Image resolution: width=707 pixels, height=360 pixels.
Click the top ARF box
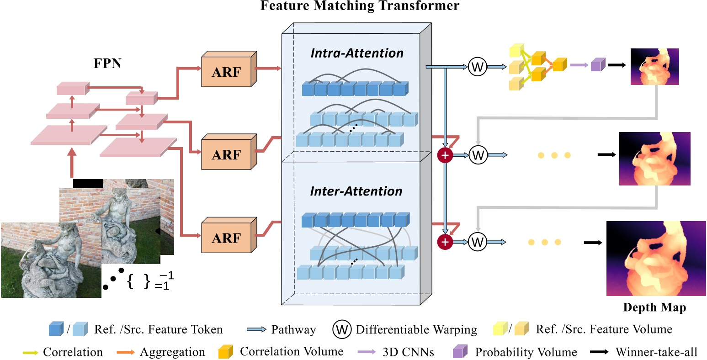pos(227,71)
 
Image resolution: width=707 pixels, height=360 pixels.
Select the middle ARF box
pos(227,154)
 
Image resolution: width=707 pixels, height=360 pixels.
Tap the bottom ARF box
pos(227,238)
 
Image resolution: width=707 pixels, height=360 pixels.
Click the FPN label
pos(107,63)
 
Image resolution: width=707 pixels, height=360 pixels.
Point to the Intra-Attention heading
pos(357,53)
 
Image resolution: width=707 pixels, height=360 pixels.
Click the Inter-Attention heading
pos(356,191)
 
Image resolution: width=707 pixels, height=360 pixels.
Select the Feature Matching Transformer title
pos(360,6)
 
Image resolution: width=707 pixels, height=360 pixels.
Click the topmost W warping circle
pos(477,68)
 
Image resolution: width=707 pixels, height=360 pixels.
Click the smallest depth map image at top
pos(654,67)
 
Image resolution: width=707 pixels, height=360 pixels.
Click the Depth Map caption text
pos(654,307)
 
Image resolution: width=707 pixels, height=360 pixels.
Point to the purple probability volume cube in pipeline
pos(596,65)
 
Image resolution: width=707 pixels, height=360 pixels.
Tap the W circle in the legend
pos(342,329)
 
